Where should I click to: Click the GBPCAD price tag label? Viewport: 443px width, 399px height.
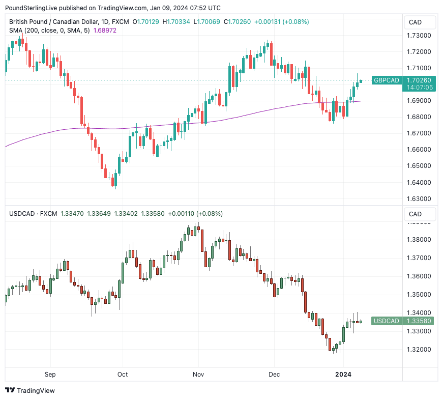(x=386, y=80)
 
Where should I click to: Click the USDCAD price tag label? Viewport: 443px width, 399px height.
(x=386, y=321)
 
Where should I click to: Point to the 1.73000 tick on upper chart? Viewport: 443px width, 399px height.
(x=420, y=36)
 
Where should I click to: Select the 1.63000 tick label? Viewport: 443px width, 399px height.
(x=420, y=198)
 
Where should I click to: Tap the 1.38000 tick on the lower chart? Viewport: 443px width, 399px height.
(x=420, y=240)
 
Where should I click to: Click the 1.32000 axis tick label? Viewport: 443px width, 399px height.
(x=420, y=350)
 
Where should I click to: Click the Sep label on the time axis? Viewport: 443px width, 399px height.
(x=50, y=375)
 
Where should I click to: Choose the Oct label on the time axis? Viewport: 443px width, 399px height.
(x=123, y=375)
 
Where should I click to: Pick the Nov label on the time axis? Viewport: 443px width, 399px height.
(x=198, y=375)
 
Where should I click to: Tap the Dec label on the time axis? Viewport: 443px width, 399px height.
(x=274, y=375)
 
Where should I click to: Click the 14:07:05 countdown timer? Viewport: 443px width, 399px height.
(x=420, y=88)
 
